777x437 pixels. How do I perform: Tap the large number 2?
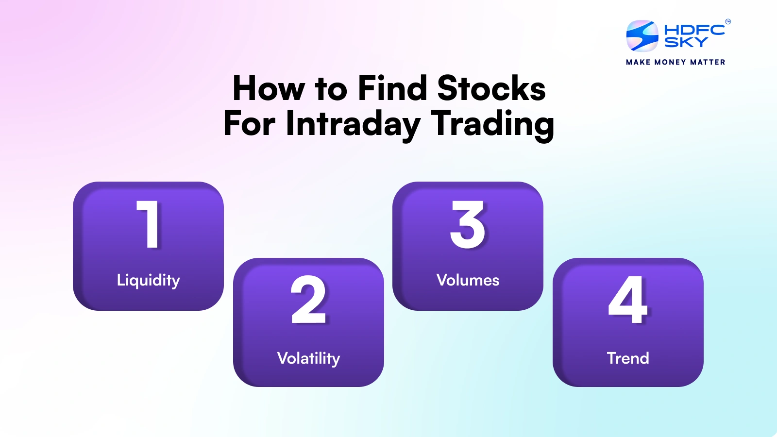[x=308, y=300]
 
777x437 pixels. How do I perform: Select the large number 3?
[x=467, y=224]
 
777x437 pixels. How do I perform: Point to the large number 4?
[x=628, y=300]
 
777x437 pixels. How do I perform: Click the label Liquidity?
[x=148, y=280]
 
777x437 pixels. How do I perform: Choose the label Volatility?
[x=308, y=358]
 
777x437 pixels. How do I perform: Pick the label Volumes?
[x=468, y=280]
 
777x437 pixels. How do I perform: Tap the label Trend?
[x=628, y=358]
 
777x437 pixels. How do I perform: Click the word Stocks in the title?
[x=491, y=89]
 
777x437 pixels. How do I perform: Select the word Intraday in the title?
[x=353, y=124]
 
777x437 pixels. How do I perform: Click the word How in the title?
[x=269, y=89]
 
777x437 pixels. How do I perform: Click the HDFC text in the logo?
[x=694, y=30]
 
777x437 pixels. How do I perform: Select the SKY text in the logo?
[x=686, y=43]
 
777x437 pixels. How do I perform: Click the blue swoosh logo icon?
[x=642, y=36]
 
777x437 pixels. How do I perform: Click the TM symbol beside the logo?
[x=727, y=21]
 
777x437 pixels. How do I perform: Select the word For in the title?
[x=249, y=124]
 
